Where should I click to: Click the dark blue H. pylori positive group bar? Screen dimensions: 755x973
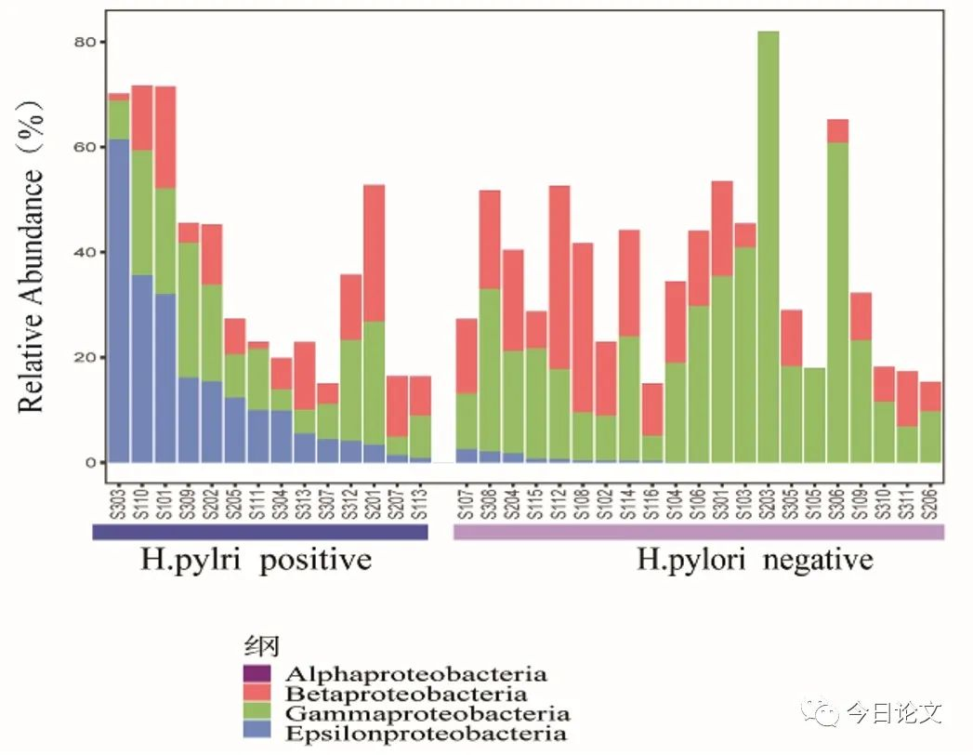pyautogui.click(x=259, y=532)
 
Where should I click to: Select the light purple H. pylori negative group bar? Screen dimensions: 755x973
pyautogui.click(x=699, y=532)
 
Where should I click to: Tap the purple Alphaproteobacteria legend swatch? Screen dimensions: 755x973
pyautogui.click(x=256, y=672)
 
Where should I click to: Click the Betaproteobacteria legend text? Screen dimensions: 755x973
pyautogui.click(x=407, y=694)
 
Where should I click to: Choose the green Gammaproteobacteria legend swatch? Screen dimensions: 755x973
pyautogui.click(x=256, y=714)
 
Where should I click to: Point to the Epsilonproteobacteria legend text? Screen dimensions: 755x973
pyautogui.click(x=427, y=734)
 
